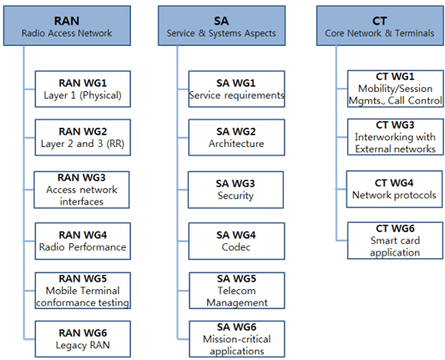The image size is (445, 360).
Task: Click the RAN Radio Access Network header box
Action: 67,26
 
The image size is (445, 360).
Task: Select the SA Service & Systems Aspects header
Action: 221,26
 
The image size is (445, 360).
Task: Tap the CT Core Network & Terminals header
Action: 380,26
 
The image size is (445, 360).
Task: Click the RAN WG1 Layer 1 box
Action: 83,89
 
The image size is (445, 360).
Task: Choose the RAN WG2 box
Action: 83,138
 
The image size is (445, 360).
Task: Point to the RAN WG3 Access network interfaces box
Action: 82,190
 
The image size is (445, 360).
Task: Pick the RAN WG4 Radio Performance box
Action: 83,241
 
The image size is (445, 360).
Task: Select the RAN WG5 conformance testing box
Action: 83,291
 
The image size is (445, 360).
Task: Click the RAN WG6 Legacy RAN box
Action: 83,339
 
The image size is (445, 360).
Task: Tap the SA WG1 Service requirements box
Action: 236,89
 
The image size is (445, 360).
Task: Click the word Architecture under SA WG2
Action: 236,144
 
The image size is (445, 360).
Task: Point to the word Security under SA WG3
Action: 235,195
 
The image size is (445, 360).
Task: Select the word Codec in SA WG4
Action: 236,247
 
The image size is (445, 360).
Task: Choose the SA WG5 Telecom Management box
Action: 237,291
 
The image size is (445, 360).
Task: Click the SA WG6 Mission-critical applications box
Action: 237,339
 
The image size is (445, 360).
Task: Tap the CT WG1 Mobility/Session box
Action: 396,89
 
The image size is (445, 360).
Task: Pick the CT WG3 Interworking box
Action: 396,137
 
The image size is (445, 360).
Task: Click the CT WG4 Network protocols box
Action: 394,189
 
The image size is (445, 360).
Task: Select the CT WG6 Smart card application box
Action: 396,241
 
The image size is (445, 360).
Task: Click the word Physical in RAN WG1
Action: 100,95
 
